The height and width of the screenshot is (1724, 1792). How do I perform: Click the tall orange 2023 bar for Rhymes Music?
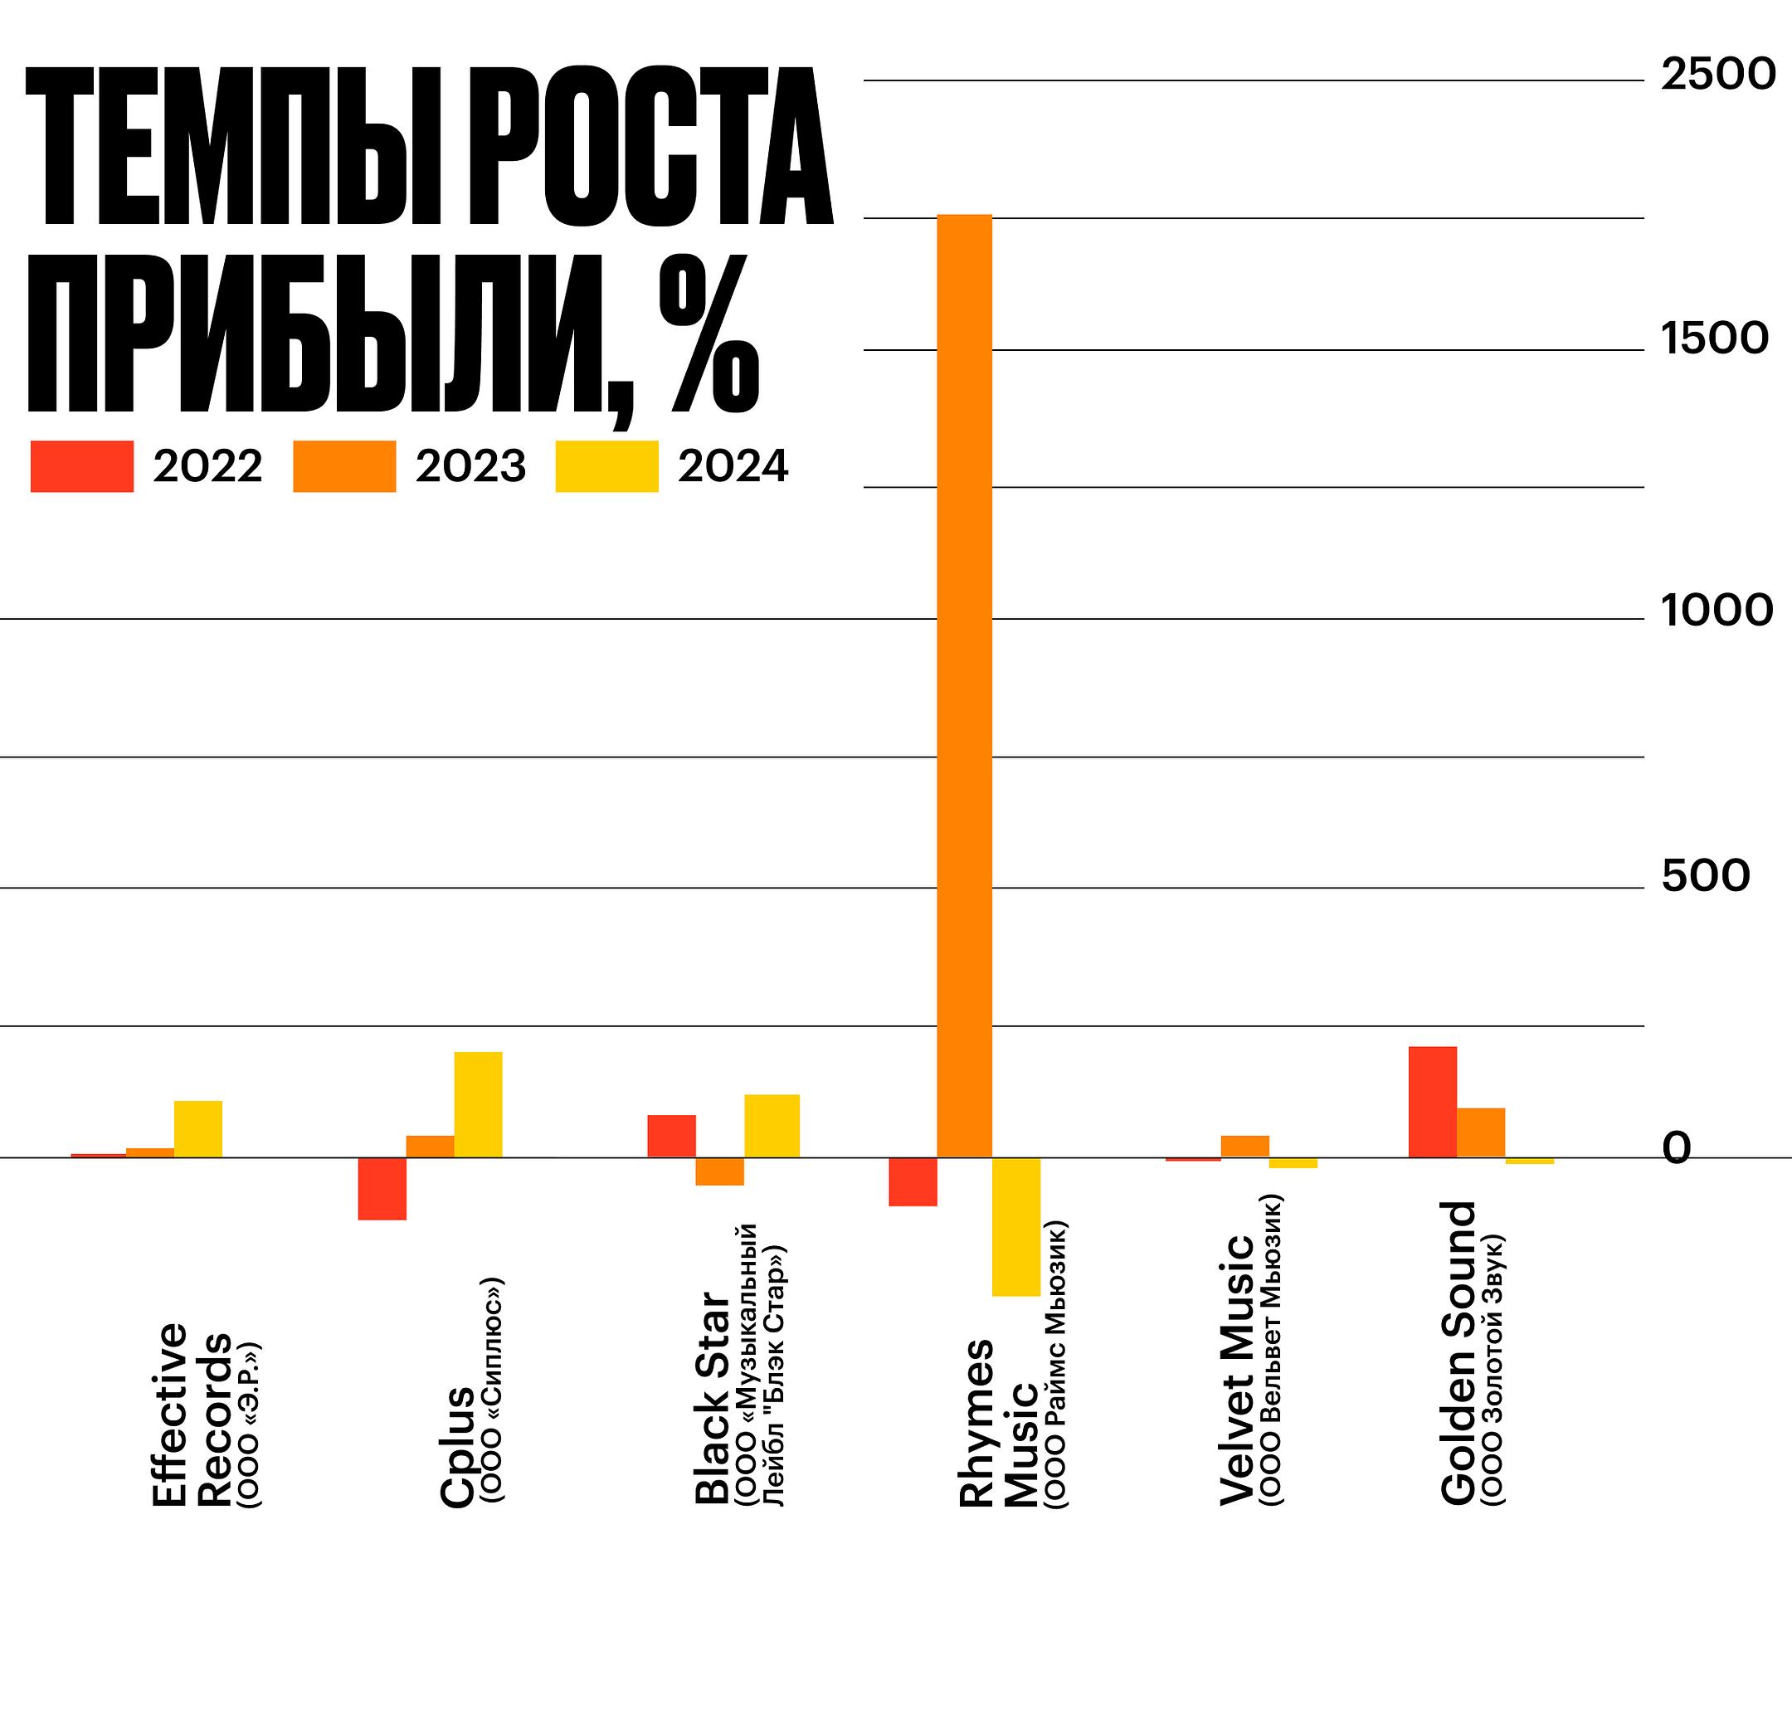point(966,685)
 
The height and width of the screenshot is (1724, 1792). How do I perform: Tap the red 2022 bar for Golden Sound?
point(1432,1102)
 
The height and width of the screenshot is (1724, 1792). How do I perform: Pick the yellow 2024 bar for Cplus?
point(478,1104)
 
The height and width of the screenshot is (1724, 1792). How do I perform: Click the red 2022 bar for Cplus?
point(382,1188)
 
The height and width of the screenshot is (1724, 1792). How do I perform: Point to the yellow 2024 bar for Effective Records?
point(198,1129)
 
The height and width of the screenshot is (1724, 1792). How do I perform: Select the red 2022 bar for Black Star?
point(672,1137)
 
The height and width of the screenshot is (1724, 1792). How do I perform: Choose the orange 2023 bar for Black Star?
point(719,1171)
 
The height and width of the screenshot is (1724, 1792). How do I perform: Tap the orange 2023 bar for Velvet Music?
point(1245,1147)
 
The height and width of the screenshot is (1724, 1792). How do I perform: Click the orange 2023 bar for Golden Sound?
point(1481,1132)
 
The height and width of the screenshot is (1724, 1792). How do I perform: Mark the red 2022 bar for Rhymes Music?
point(913,1182)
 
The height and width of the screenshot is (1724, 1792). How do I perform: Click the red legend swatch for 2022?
point(82,466)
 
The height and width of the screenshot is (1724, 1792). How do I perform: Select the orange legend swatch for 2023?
point(344,466)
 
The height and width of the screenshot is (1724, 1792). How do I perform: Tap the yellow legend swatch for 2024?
point(607,466)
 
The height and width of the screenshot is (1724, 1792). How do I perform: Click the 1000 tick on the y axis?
point(1717,611)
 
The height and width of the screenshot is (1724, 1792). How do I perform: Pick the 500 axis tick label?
point(1706,877)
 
